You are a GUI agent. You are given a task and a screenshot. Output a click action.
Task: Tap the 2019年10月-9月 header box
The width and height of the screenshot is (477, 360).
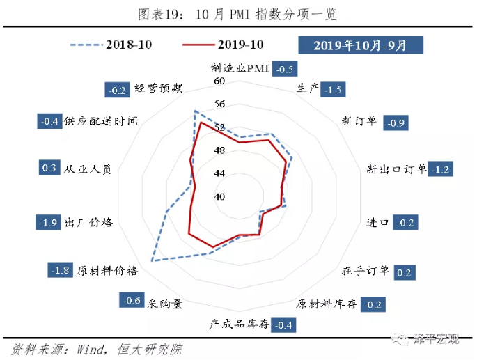(359, 45)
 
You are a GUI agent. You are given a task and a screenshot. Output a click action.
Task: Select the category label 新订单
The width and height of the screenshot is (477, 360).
(359, 121)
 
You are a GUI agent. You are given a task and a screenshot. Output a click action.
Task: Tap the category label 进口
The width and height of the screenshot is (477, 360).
(377, 223)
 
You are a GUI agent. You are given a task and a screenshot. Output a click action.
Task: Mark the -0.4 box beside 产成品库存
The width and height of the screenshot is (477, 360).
(284, 325)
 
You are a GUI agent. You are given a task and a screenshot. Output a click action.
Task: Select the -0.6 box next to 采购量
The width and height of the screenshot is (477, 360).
(131, 301)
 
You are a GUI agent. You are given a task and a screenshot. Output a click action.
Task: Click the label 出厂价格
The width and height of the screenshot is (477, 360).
(88, 223)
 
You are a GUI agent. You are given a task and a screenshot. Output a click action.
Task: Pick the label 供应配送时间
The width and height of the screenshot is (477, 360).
(100, 121)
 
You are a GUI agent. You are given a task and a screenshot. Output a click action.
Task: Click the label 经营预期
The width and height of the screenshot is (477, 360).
(159, 89)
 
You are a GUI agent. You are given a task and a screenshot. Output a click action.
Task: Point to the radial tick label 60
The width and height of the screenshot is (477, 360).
(220, 81)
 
